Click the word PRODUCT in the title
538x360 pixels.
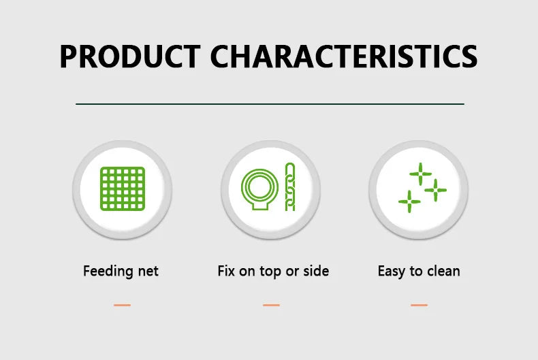tap(130, 56)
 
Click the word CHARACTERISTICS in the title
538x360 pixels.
tap(344, 56)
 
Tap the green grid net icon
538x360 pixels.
tap(123, 189)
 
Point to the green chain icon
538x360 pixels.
tap(290, 187)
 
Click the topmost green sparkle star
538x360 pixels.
tap(421, 174)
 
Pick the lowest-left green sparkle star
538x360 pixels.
tap(409, 201)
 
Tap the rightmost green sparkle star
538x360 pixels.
tap(435, 190)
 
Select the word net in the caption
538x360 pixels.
tap(148, 272)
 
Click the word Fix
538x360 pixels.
tap(226, 271)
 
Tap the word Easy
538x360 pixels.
tap(391, 272)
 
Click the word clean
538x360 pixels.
tap(443, 271)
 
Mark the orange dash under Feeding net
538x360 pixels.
tap(122, 305)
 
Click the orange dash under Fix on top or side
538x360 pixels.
tap(272, 305)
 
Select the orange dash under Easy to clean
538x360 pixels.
tap(420, 305)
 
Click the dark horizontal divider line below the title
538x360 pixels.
tap(270, 103)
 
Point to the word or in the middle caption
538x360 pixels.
tap(292, 272)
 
